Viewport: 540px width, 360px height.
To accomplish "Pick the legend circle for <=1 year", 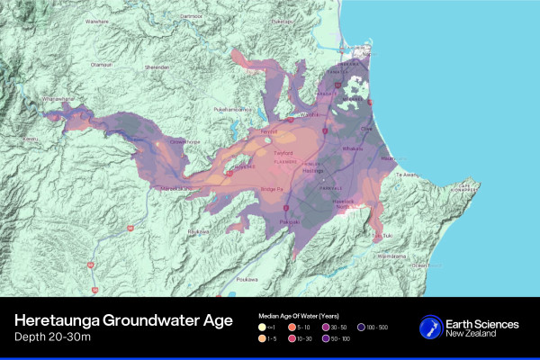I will [261, 328].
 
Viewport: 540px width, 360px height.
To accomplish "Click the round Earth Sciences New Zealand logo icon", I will [431, 328].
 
